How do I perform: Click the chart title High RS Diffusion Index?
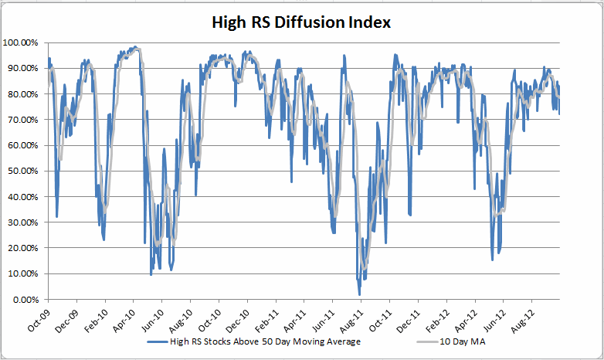click(302, 22)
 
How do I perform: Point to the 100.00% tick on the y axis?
click(23, 42)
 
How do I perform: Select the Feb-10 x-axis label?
click(96, 318)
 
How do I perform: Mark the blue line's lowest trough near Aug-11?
click(359, 294)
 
